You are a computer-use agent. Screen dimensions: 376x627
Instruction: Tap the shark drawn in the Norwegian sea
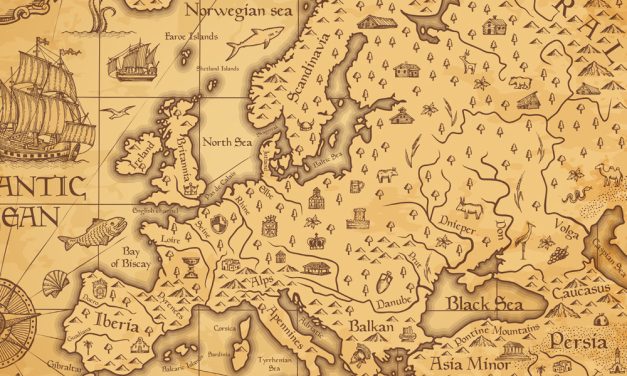(x=253, y=43)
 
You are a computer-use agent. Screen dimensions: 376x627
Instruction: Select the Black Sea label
(x=480, y=303)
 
